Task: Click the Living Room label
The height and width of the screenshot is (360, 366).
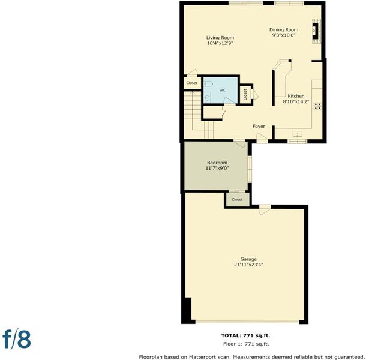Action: (x=220, y=38)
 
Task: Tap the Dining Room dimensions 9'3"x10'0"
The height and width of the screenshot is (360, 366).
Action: (x=284, y=35)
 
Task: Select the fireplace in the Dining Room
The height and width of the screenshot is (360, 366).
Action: (x=317, y=31)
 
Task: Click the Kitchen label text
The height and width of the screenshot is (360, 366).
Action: (x=296, y=96)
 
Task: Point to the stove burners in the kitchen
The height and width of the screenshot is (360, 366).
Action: (x=317, y=106)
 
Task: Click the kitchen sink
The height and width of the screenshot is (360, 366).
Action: (x=298, y=134)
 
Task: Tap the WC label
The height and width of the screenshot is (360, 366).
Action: (x=222, y=90)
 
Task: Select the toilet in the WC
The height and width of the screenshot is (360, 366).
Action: (x=208, y=83)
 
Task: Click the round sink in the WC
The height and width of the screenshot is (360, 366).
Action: (x=207, y=98)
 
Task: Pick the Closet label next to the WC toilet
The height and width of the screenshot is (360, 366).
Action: (x=191, y=83)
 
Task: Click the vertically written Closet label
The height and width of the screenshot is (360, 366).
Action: (x=245, y=95)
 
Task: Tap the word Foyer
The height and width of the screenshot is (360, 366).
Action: (x=259, y=127)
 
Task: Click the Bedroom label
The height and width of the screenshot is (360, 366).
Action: (x=217, y=163)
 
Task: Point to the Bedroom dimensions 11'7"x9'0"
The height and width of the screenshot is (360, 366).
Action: (x=217, y=168)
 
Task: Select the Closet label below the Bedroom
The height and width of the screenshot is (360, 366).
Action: (x=237, y=199)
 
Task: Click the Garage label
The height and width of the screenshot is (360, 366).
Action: (x=248, y=259)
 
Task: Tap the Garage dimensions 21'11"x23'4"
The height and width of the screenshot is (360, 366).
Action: (x=248, y=265)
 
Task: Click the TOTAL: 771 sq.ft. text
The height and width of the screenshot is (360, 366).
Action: (x=245, y=335)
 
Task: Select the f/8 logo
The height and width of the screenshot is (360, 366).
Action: (x=17, y=340)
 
